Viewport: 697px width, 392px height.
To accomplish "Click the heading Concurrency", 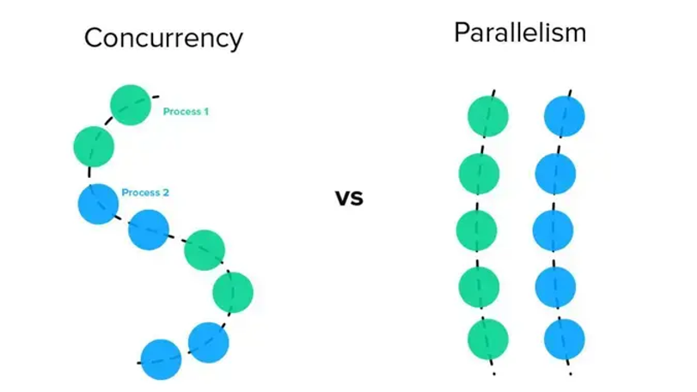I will (x=162, y=38).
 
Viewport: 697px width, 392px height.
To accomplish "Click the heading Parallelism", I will (x=520, y=33).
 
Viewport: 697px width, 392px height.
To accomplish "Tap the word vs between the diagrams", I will (x=349, y=199).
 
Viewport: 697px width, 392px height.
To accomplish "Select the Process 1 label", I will (x=186, y=112).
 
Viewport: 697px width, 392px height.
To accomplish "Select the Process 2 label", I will (x=145, y=193).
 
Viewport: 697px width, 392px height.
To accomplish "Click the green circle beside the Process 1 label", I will (x=131, y=104).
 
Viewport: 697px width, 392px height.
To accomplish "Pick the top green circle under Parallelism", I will (x=488, y=115).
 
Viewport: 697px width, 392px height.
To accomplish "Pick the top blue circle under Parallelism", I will (x=565, y=115).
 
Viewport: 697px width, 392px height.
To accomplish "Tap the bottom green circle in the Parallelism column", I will (x=488, y=338).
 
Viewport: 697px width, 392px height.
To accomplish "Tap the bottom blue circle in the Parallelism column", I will (x=565, y=338).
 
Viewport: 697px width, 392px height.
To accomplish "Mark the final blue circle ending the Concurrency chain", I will (x=161, y=359).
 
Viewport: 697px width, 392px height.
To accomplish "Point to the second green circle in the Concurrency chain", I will (x=94, y=145).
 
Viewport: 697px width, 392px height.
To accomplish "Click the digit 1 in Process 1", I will (x=205, y=112).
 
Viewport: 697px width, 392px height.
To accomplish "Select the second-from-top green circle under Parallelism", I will (x=480, y=173).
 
